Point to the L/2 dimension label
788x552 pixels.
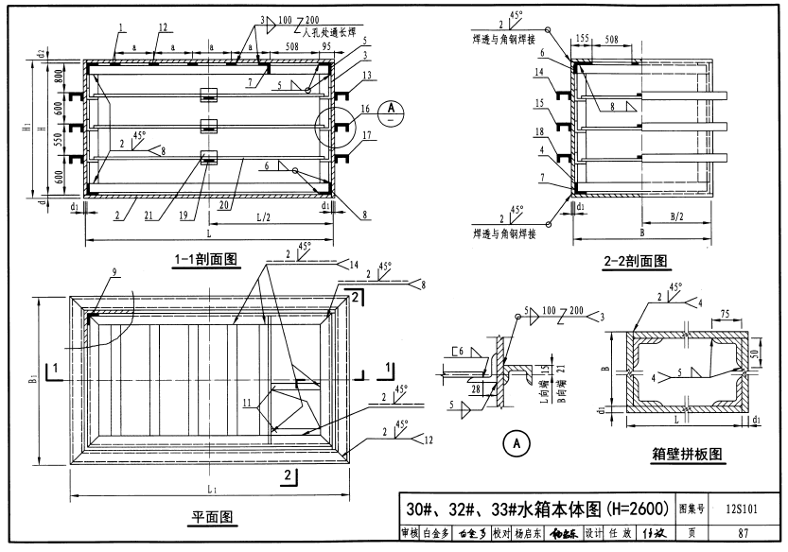pos(268,217)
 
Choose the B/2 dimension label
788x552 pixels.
pos(677,216)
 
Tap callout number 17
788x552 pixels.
pos(366,134)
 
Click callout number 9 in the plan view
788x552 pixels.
pos(114,274)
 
